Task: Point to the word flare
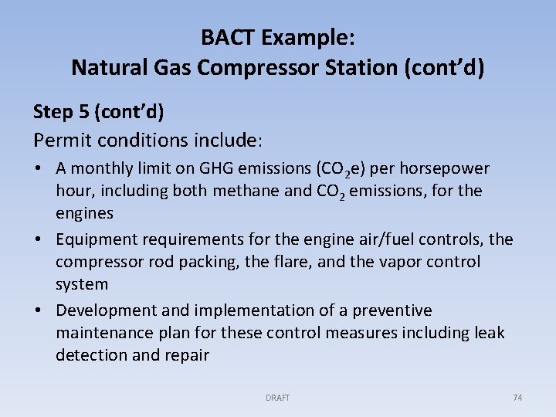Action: pos(292,262)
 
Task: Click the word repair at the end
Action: pos(186,355)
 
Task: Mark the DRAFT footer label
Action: pos(277,398)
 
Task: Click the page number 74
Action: pos(517,398)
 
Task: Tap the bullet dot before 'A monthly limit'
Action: pos(39,169)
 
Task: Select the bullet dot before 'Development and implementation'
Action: pos(39,311)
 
